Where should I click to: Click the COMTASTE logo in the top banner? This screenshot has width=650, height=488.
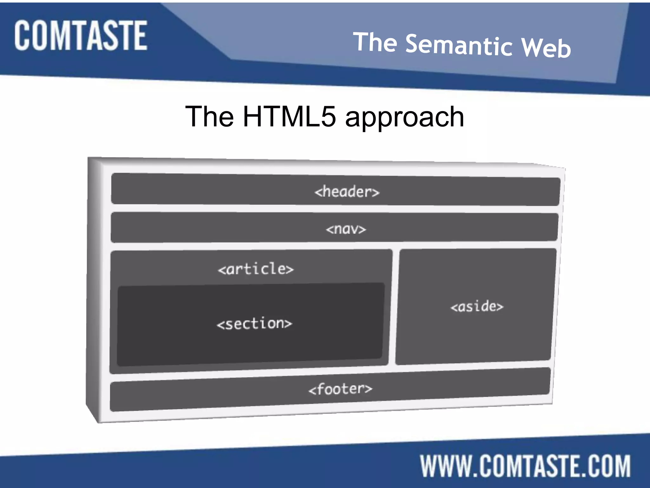[81, 36]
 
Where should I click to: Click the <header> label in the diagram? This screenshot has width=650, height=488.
[347, 192]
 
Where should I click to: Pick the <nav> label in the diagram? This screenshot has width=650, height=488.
[346, 229]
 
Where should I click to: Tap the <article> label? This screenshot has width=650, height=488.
[256, 269]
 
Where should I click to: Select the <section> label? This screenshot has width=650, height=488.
[254, 324]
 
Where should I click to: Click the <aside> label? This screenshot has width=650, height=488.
[477, 307]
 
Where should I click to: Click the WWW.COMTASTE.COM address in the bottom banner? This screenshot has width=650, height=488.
[525, 466]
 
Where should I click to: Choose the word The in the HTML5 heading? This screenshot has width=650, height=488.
[209, 117]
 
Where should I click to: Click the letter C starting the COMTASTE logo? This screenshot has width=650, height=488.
[23, 36]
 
